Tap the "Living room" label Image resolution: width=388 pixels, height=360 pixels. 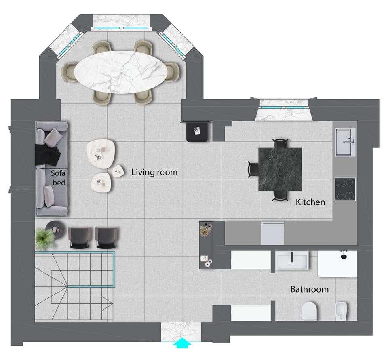coord(154,172)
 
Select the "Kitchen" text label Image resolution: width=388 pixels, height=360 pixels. coord(310,202)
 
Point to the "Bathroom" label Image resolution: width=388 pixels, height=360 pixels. coord(309,289)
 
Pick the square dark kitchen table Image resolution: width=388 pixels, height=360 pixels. coord(280,169)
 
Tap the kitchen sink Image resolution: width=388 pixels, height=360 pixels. coord(345,141)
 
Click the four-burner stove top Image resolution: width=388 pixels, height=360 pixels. coord(345,189)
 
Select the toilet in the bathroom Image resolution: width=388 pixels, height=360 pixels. coord(309,311)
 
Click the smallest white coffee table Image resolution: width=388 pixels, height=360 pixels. coord(118,171)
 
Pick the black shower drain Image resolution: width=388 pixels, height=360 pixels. coord(344,255)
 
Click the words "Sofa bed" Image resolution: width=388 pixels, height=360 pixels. coord(58,177)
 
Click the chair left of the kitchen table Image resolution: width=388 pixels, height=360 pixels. coord(253,169)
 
